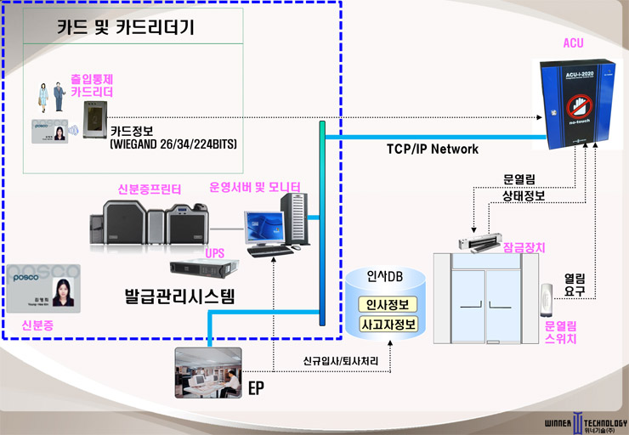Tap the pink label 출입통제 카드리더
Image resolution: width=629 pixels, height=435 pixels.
[92, 85]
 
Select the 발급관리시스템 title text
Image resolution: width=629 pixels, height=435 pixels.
[178, 298]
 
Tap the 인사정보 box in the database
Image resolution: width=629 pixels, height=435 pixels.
[387, 305]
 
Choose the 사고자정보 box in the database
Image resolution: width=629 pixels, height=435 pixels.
[387, 325]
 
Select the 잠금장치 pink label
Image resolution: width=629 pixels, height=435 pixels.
[524, 247]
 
